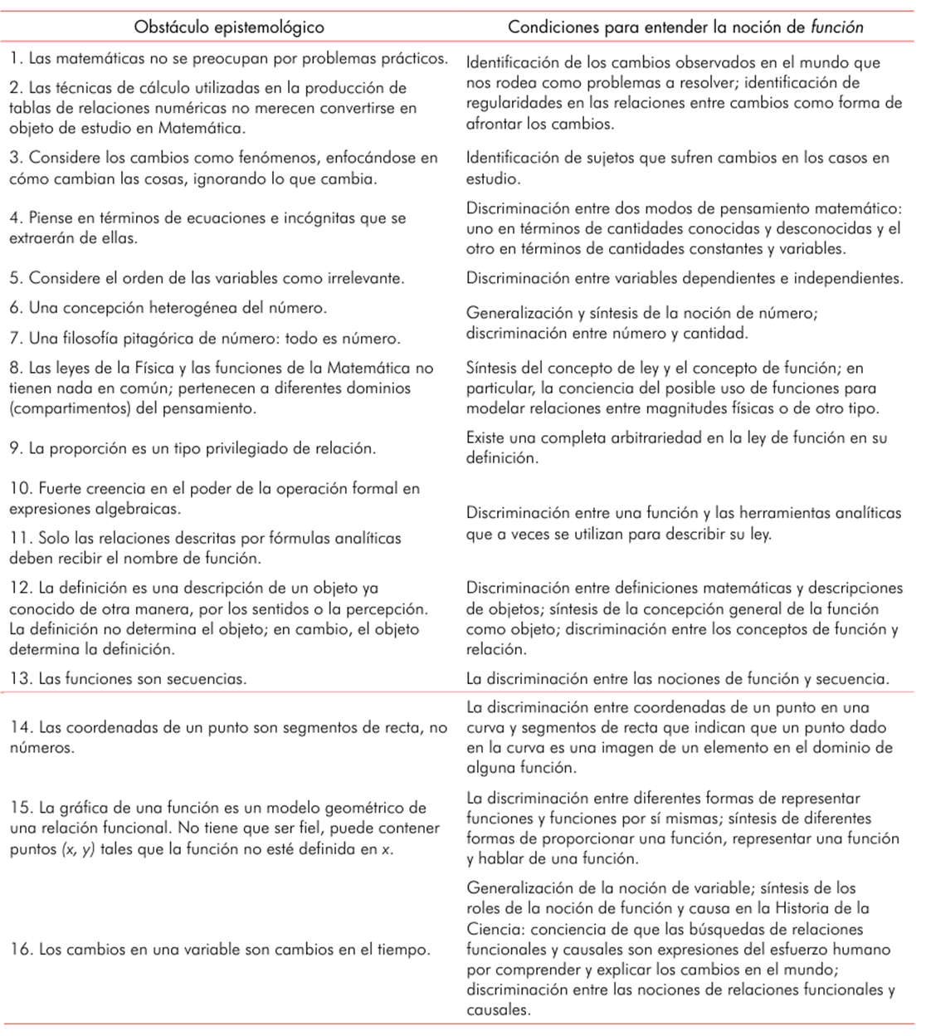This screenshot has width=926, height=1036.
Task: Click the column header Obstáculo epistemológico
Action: coord(229,27)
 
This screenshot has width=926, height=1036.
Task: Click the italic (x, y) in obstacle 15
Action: coord(80,848)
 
